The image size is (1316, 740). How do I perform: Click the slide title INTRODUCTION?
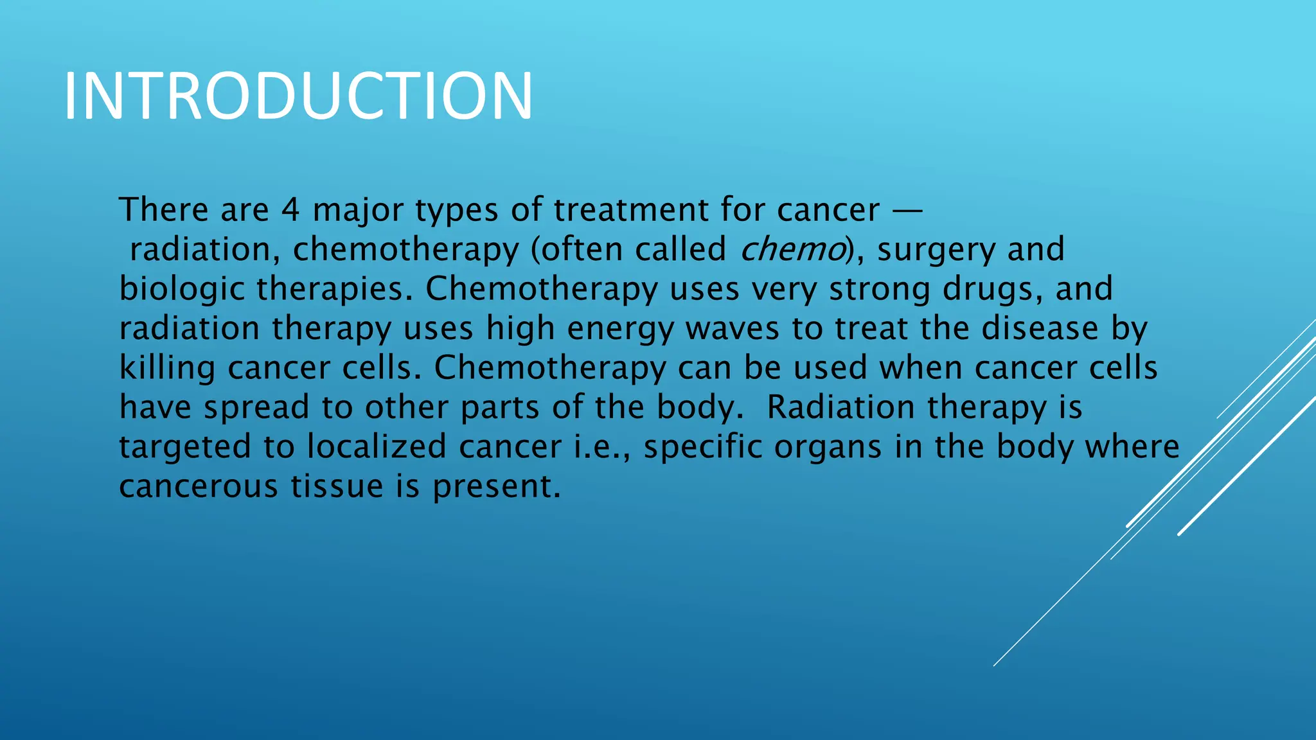pos(298,96)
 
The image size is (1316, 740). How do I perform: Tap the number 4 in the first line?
pos(290,210)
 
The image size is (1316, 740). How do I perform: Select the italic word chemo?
pos(793,249)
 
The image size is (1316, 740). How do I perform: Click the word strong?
pos(880,290)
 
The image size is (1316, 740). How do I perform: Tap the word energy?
pos(620,330)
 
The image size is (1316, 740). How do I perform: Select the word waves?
pos(733,329)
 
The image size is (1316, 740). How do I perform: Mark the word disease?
pos(1040,328)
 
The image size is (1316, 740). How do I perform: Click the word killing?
pos(167,369)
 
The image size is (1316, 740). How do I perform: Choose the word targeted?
pos(186,448)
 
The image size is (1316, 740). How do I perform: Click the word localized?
pos(377,446)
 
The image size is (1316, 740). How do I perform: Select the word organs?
pos(828,448)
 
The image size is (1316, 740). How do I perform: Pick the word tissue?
pos(337,486)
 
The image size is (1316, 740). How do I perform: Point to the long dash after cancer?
pos(907,211)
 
